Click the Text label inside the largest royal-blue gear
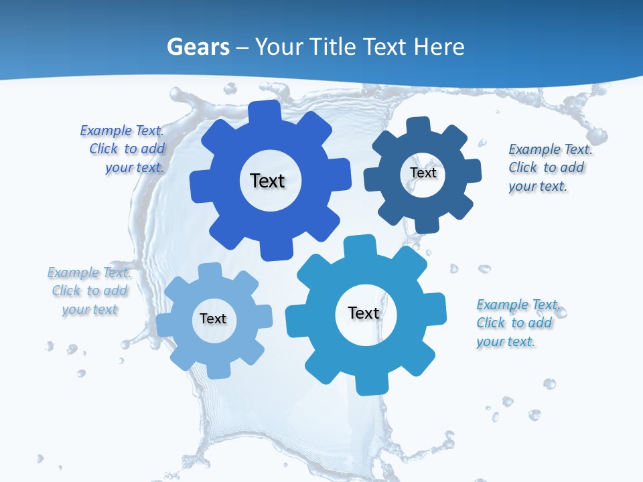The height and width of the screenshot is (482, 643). click(267, 181)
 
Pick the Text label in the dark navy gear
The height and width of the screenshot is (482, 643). click(423, 173)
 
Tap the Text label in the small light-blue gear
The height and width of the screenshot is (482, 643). click(213, 319)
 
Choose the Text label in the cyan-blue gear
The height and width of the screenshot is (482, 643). click(364, 313)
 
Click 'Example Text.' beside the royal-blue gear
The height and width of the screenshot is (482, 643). click(122, 131)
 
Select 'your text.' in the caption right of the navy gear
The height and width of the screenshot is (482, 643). click(538, 186)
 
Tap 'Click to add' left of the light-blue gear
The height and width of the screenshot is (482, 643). click(90, 291)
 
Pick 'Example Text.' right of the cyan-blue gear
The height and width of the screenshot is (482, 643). click(518, 305)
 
